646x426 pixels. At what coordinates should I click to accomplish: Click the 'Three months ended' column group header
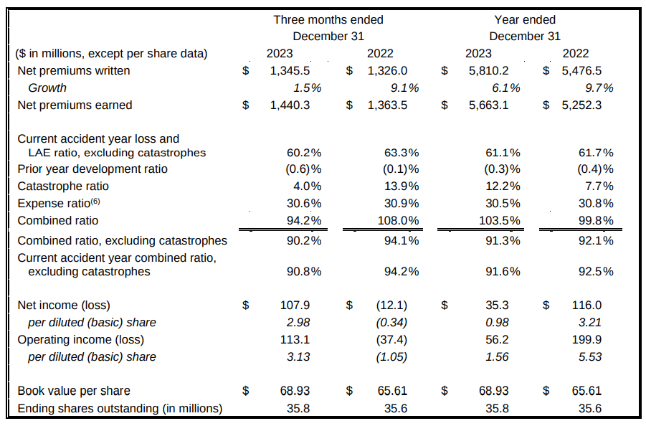point(328,19)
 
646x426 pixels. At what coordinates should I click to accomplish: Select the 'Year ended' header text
point(525,19)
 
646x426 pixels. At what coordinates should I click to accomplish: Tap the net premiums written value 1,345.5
point(290,70)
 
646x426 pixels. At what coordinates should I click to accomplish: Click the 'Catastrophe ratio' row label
point(63,186)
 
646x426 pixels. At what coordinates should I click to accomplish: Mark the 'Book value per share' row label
point(74,391)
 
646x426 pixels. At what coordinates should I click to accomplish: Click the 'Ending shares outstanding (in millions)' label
point(120,408)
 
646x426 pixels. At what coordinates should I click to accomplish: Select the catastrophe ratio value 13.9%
point(401,186)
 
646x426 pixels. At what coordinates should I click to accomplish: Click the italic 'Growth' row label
point(47,87)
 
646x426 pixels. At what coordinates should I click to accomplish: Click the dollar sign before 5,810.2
point(445,70)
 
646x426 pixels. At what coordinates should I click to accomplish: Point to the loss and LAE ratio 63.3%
point(401,152)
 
